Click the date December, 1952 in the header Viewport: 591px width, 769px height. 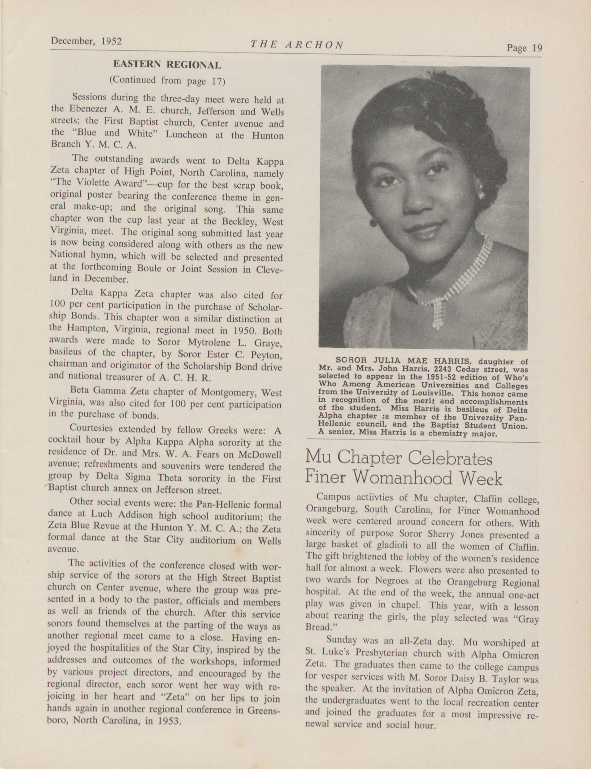coord(86,42)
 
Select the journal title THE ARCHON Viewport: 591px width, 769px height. coord(296,45)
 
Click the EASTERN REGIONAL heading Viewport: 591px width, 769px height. coord(167,64)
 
